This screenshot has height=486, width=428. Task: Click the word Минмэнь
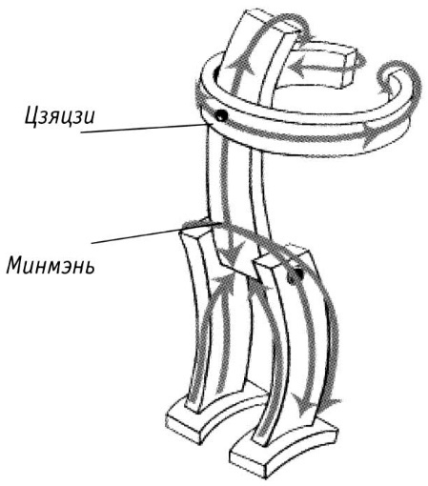51,265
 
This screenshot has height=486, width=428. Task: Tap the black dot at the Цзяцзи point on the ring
220,115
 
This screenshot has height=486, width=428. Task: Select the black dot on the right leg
294,275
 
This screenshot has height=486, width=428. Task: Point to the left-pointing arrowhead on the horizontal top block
297,67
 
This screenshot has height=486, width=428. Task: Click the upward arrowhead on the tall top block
241,66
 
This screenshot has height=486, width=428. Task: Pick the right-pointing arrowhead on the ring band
372,134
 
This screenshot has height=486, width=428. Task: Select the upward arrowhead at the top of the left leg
223,283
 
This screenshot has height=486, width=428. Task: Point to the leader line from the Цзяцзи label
144,128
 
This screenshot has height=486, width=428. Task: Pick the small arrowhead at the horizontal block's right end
361,62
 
